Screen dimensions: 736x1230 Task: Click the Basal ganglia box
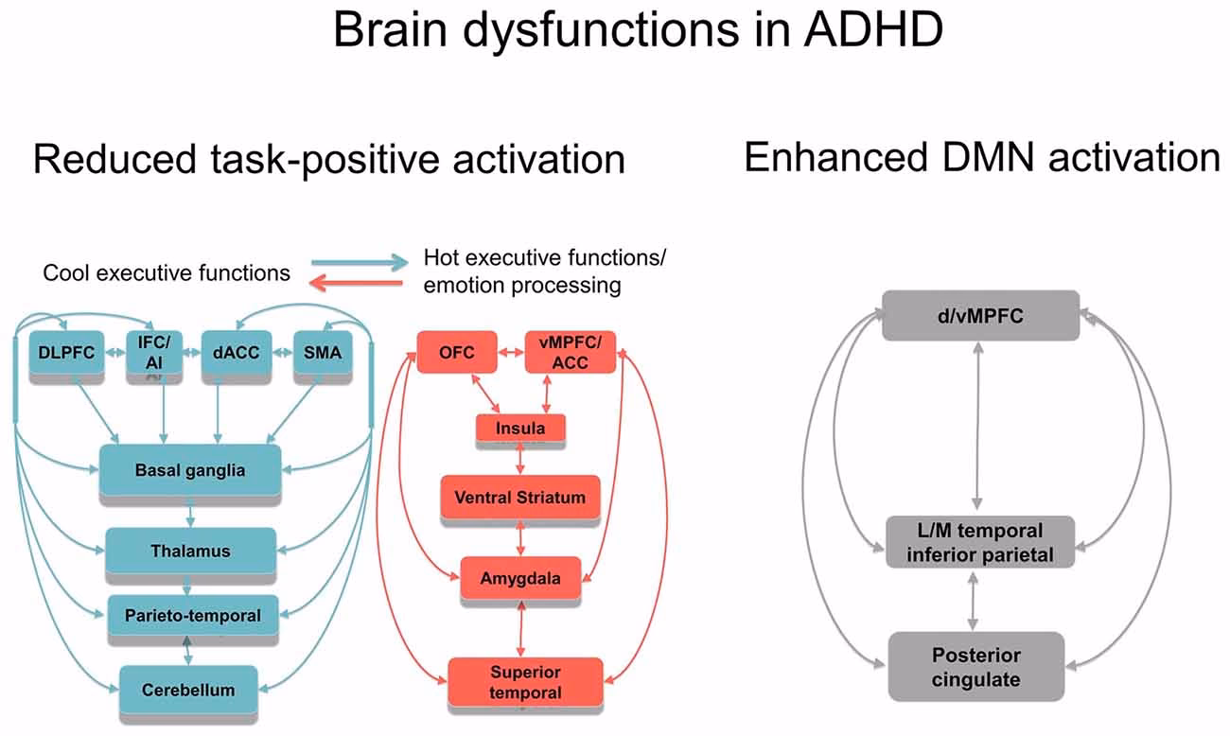[191, 470]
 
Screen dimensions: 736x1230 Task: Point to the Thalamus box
[190, 550]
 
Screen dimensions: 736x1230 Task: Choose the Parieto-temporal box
[193, 616]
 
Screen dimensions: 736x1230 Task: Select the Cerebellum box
[188, 689]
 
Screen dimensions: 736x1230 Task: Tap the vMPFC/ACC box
[570, 353]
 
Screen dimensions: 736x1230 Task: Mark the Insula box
[520, 429]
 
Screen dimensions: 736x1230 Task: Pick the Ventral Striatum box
[519, 498]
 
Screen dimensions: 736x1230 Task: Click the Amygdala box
[520, 577]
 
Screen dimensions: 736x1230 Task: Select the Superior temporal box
[525, 682]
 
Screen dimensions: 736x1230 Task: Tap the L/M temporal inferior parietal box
[979, 542]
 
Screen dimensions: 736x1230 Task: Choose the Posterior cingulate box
[976, 666]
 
